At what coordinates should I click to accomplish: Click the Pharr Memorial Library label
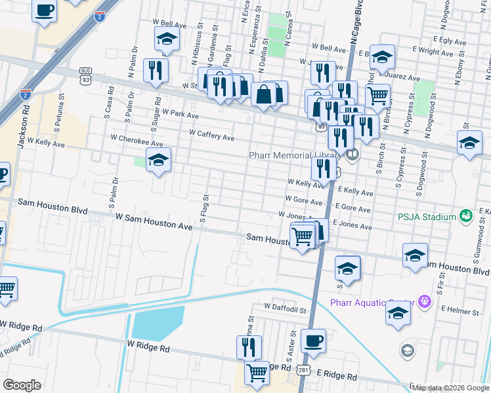pos(293,155)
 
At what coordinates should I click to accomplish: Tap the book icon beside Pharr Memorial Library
pos(353,155)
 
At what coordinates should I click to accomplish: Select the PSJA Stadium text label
pos(425,217)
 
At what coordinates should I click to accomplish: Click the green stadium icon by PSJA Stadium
pos(465,215)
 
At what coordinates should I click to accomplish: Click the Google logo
pos(22,384)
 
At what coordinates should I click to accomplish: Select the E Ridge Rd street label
pos(336,377)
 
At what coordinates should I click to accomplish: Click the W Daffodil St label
pos(286,306)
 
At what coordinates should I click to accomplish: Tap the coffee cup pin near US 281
pos(313,341)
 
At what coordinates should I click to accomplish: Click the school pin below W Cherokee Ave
pos(158,159)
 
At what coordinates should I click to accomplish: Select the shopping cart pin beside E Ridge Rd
pos(257,373)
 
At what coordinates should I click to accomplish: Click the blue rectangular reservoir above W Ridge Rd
pos(158,324)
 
